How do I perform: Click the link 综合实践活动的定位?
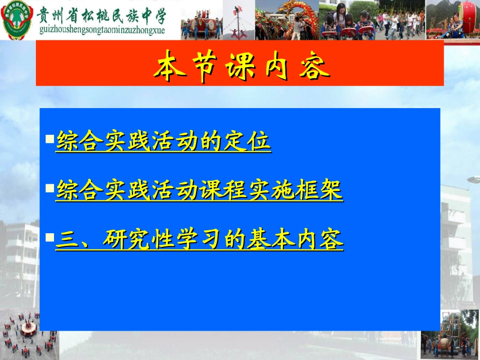(x=163, y=141)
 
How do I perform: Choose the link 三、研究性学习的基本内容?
(x=199, y=240)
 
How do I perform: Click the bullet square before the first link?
(x=50, y=138)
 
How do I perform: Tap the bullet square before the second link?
(x=50, y=188)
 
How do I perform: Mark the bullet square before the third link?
(x=50, y=236)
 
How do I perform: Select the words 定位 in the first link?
(x=253, y=141)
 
